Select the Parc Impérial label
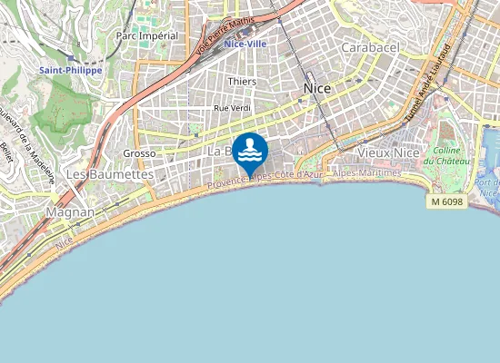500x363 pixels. tap(146, 35)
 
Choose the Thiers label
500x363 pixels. tap(242, 82)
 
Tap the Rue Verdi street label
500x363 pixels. tap(231, 108)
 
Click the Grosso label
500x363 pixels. tap(140, 153)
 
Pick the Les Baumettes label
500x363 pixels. tap(109, 173)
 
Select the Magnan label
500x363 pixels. tap(69, 211)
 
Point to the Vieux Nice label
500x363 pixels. tap(388, 153)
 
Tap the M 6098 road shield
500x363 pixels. tap(447, 201)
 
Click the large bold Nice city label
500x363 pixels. tap(316, 88)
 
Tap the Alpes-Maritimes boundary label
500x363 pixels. tap(367, 172)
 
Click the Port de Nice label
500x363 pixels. tap(489, 187)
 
